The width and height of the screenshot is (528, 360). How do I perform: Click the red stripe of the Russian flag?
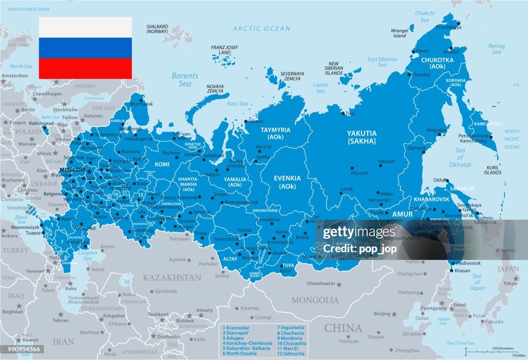(x=85, y=68)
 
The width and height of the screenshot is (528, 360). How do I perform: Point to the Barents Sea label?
(x=181, y=79)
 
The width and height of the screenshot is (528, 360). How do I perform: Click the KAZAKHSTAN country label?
(x=172, y=277)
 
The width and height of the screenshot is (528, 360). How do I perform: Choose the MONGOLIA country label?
(x=315, y=300)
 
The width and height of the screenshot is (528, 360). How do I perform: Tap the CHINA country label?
(x=342, y=328)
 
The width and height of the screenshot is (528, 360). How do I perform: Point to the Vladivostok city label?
(x=468, y=263)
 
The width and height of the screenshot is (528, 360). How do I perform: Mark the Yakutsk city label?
(x=386, y=161)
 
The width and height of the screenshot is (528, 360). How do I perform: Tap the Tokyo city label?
(x=510, y=283)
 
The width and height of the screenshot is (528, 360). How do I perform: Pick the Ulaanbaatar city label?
(x=321, y=283)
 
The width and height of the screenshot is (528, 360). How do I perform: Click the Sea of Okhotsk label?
(x=459, y=157)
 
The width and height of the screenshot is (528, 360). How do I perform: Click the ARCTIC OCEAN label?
(x=261, y=29)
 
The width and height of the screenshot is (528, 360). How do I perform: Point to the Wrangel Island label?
(x=400, y=34)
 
